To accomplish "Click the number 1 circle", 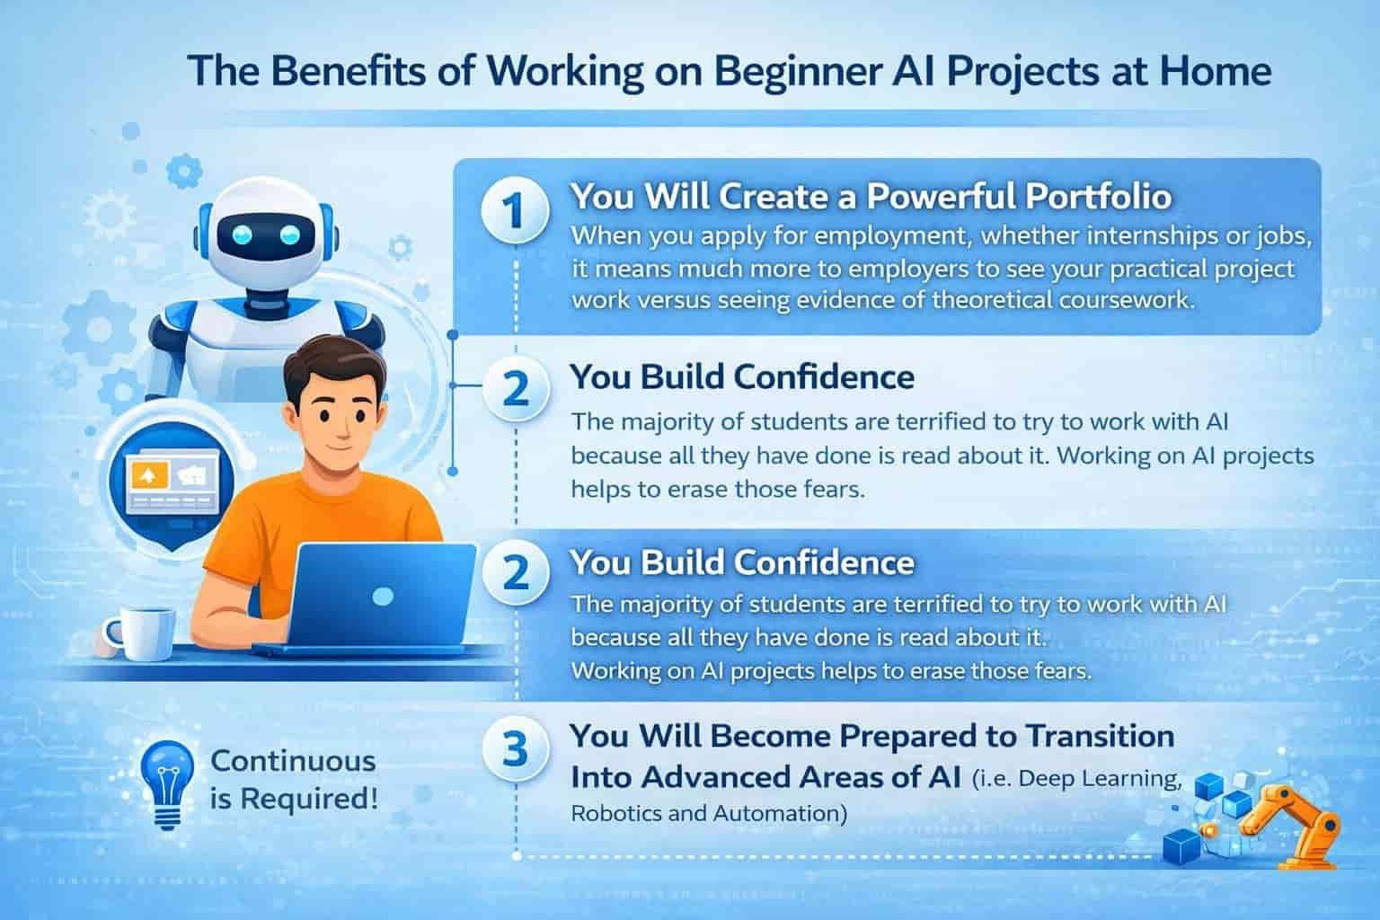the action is tap(515, 209).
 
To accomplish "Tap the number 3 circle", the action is tap(515, 750).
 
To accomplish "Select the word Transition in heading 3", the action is tap(1101, 737).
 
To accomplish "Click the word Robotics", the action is tap(615, 813).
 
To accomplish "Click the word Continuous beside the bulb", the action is tap(293, 762).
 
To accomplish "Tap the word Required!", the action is tap(309, 800).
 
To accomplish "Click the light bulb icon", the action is tap(167, 783).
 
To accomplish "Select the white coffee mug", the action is tap(140, 633).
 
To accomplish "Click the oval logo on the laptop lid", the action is tap(384, 596).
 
